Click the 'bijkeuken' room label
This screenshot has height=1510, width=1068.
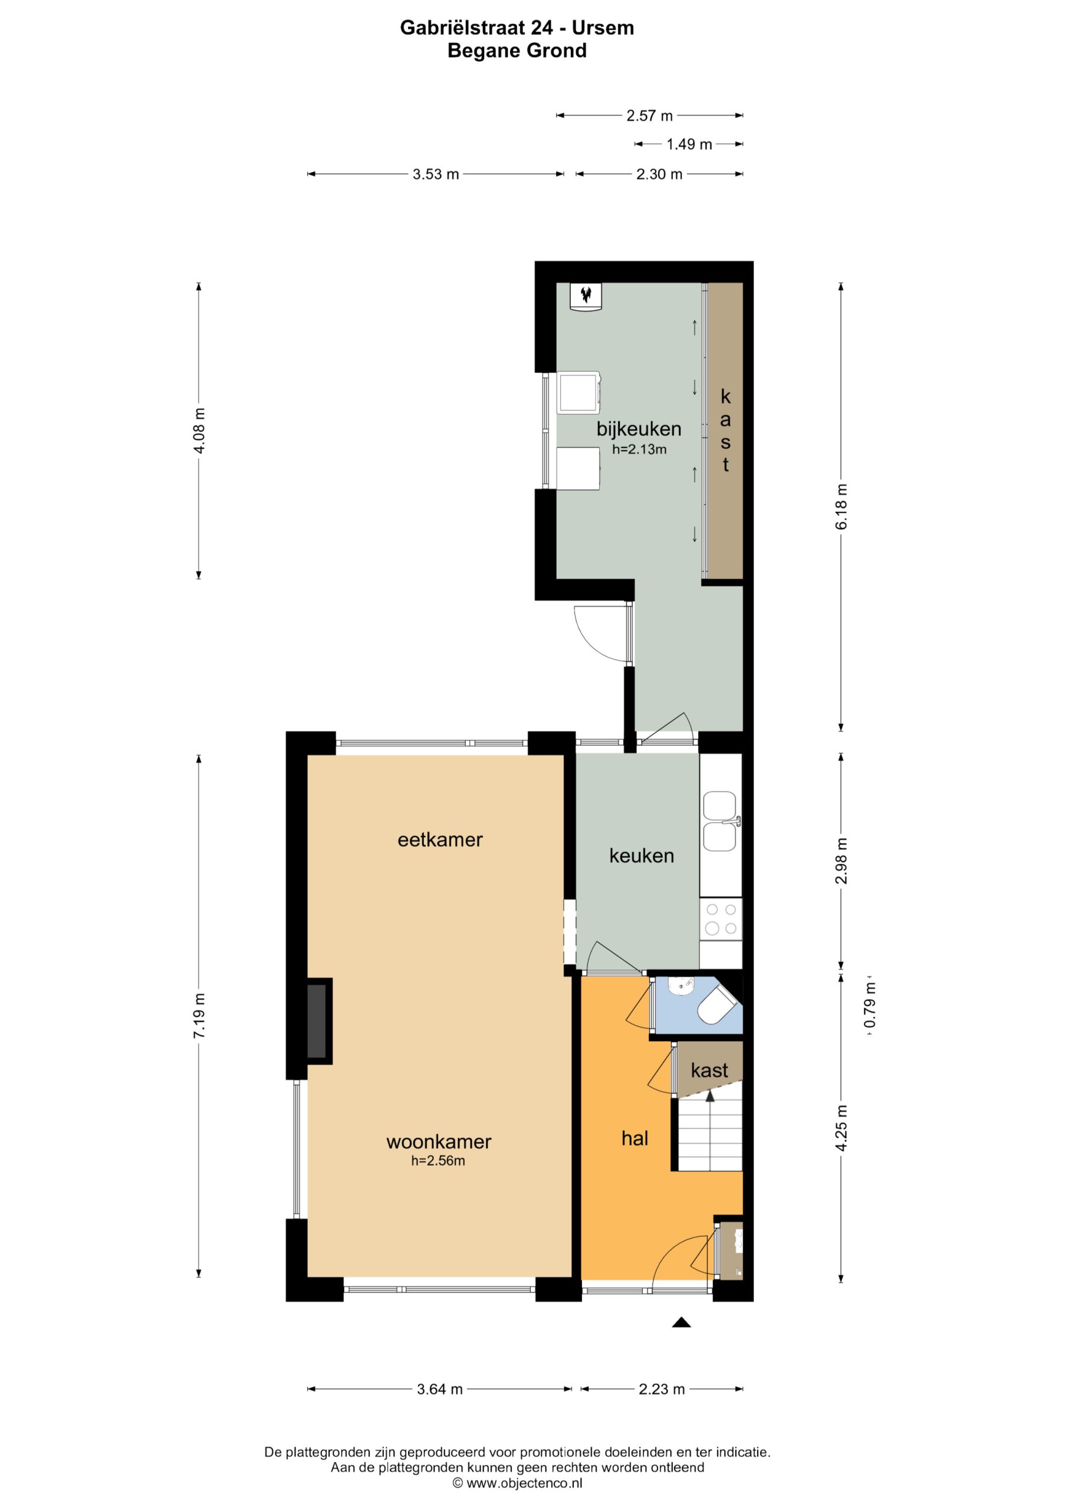point(639,429)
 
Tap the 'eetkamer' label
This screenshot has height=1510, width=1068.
point(440,839)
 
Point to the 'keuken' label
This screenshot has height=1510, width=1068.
point(641,856)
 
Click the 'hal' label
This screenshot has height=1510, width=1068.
point(635,1138)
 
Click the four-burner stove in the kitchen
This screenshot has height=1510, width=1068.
point(721,920)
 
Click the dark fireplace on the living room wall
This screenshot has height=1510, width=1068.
point(319,1020)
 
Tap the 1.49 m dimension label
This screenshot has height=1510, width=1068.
point(689,144)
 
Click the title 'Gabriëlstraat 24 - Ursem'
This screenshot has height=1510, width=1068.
point(517,28)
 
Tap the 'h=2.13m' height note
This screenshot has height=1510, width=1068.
point(639,450)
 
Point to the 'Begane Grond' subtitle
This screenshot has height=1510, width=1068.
point(517,51)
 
